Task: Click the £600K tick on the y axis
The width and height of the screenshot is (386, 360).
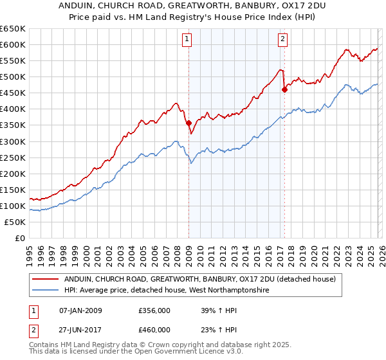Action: [x=13, y=44]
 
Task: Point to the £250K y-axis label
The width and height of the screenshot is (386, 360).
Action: [x=13, y=157]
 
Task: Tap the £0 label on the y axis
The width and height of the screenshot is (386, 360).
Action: [x=21, y=238]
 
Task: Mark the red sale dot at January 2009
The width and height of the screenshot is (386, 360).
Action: [x=188, y=123]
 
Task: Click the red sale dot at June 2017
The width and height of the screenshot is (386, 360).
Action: [x=284, y=89]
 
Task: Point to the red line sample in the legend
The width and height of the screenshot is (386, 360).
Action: [x=46, y=280]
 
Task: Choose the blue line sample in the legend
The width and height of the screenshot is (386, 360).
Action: [x=46, y=291]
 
